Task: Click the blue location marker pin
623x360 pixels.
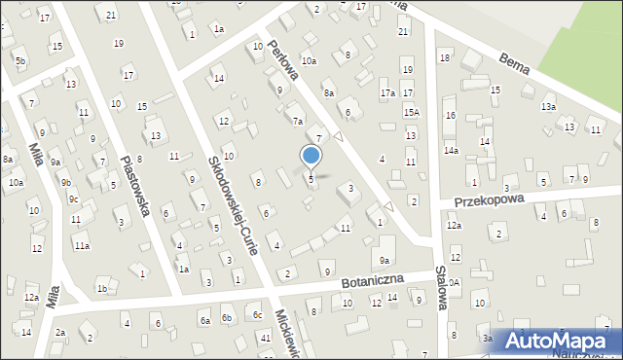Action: (311, 156)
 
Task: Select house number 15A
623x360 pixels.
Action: (411, 113)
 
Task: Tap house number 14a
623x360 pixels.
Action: (451, 151)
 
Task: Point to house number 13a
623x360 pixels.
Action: (548, 107)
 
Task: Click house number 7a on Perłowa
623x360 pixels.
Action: (298, 122)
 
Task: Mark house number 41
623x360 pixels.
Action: (266, 337)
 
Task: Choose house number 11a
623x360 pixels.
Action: (82, 246)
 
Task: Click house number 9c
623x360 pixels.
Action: (73, 198)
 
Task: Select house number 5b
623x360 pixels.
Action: (20, 61)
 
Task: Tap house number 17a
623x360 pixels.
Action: (387, 93)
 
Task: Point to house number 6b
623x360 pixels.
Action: (227, 318)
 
